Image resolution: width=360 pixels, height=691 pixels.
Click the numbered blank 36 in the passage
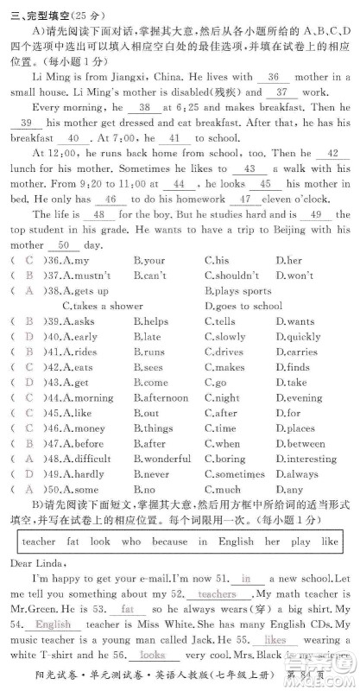pyautogui.click(x=275, y=77)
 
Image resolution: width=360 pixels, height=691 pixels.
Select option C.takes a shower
pyautogui.click(x=103, y=306)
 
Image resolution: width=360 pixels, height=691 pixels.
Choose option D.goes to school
pyautogui.click(x=243, y=306)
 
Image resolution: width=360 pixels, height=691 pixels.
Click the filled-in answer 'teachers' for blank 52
pyautogui.click(x=217, y=594)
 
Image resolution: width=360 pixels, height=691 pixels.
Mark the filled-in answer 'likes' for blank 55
pyautogui.click(x=275, y=640)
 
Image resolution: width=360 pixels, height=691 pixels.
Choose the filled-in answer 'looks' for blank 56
pyautogui.click(x=153, y=656)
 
